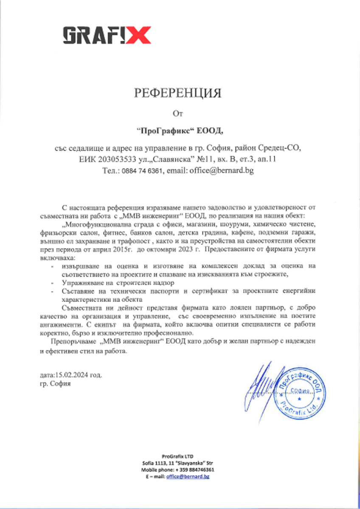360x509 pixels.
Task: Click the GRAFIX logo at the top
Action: coord(107,35)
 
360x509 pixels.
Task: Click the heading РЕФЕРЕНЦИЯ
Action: coord(178,93)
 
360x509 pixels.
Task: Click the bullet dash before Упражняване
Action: coord(52,283)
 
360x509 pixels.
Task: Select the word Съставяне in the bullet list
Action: coord(78,291)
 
